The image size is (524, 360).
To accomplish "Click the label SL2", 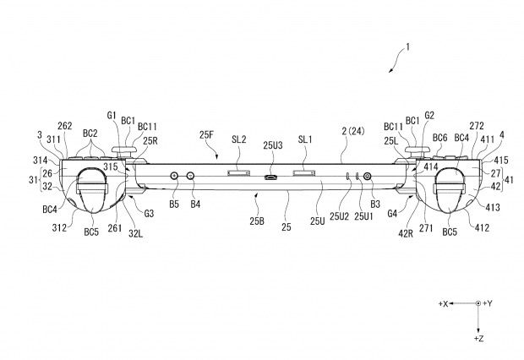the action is pyautogui.click(x=239, y=139).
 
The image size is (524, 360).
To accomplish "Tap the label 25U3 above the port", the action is pyautogui.click(x=273, y=145).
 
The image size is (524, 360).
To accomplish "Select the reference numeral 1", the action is pyautogui.click(x=407, y=47).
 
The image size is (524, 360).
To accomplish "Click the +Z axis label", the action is pyautogui.click(x=479, y=339).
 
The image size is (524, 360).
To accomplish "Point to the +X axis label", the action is pyautogui.click(x=443, y=304).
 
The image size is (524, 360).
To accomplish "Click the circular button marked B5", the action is pyautogui.click(x=174, y=176).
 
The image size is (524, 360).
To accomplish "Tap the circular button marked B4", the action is pyautogui.click(x=191, y=176).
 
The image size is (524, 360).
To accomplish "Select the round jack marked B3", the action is pyautogui.click(x=368, y=176).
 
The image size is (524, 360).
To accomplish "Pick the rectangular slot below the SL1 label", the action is pyautogui.click(x=304, y=172).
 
